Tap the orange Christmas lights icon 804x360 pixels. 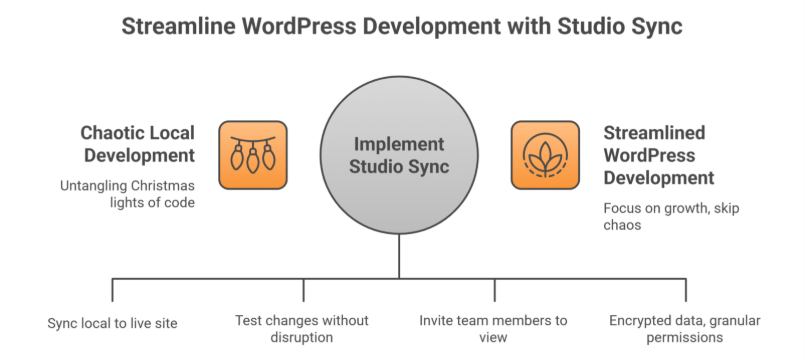pos(252,155)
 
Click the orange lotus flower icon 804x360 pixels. pos(544,155)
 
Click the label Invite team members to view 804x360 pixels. pos(494,328)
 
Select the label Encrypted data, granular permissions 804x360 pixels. pos(685,328)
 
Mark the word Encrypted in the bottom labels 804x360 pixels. pos(640,320)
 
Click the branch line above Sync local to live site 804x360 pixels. pos(112,290)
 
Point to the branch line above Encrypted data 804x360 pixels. pos(686,290)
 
